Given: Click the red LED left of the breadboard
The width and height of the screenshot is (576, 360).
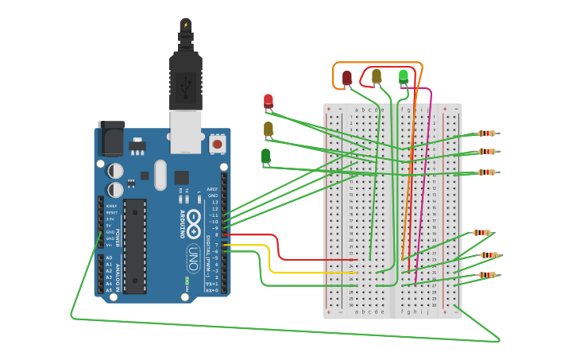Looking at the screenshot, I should tap(269, 101).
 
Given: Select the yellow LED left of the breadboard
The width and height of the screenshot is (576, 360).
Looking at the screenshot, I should tap(269, 129).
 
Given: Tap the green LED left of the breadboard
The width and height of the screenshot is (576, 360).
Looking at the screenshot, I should tap(266, 156).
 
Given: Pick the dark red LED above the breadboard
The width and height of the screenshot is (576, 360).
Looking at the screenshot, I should tap(347, 78).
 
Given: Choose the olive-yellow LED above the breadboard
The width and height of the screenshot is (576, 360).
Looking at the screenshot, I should tap(377, 76).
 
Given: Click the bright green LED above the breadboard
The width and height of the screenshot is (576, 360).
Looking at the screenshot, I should tap(404, 76).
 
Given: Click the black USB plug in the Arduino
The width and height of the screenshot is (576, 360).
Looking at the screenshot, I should tap(186, 79).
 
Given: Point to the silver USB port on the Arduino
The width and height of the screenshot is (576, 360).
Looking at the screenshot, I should tap(186, 130).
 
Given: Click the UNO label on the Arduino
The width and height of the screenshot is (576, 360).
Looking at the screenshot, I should tap(193, 258).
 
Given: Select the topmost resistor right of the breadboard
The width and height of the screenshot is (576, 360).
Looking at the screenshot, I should tap(487, 134).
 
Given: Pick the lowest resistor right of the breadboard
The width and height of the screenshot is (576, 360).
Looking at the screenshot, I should tap(487, 275).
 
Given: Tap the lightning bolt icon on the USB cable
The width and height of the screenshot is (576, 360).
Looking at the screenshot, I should tap(186, 25).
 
